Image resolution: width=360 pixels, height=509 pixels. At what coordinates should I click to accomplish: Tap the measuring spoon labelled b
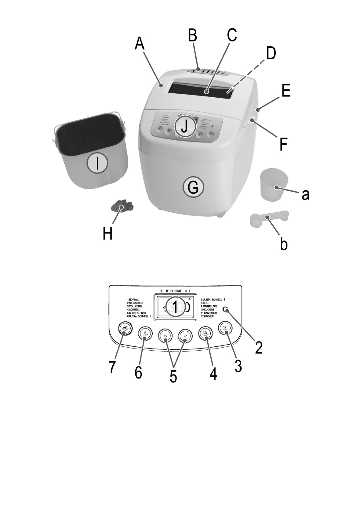click(x=268, y=219)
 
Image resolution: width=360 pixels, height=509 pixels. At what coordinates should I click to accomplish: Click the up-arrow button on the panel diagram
click(x=165, y=336)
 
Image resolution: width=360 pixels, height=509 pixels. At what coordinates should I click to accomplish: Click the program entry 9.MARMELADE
click(x=209, y=306)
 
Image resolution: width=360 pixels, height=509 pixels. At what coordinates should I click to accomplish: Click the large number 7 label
click(x=112, y=368)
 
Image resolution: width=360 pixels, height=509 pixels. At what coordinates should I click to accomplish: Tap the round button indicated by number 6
click(x=145, y=334)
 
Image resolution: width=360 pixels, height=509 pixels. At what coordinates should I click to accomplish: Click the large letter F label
click(x=283, y=144)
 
